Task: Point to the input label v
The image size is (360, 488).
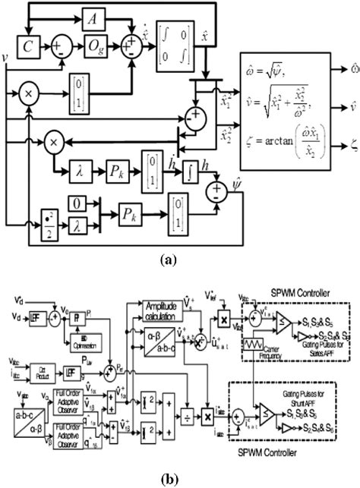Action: [6, 55]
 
